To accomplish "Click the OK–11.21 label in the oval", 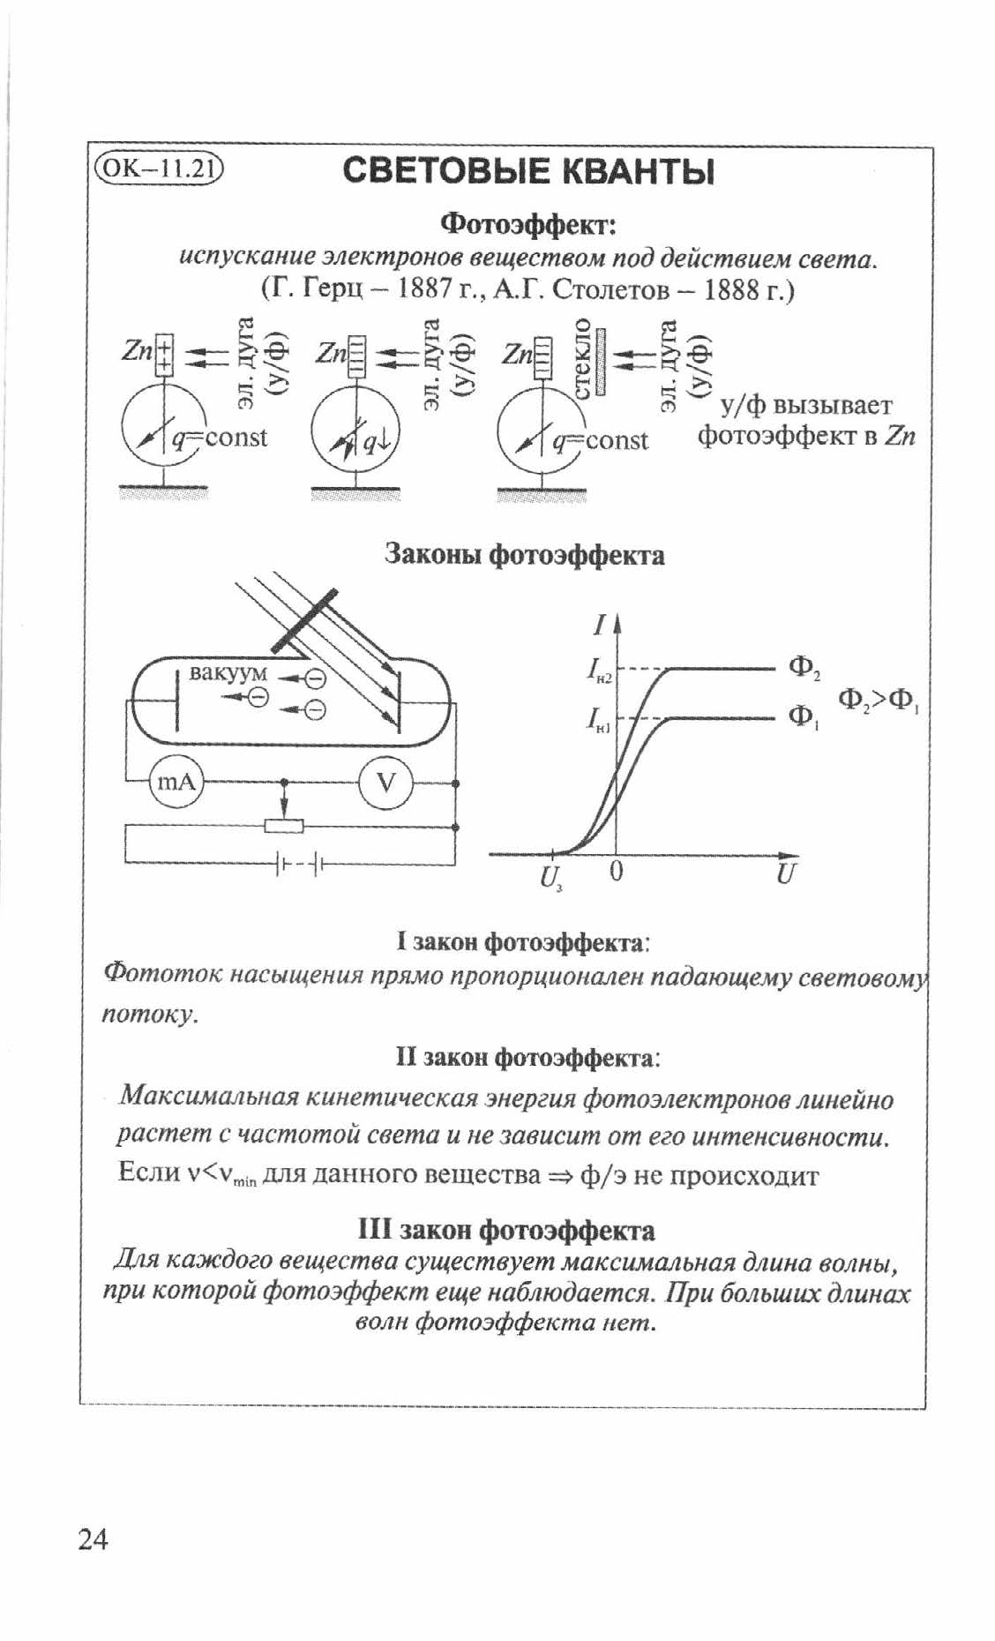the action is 159,168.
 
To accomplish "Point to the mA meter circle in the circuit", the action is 176,781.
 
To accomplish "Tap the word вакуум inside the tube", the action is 228,672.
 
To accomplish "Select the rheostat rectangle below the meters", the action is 284,826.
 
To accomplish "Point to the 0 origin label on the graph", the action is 616,872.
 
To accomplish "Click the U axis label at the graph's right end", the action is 787,874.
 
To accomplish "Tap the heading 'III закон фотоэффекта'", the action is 506,1230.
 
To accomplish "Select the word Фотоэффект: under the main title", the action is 527,222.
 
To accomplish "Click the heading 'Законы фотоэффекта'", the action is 525,555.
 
